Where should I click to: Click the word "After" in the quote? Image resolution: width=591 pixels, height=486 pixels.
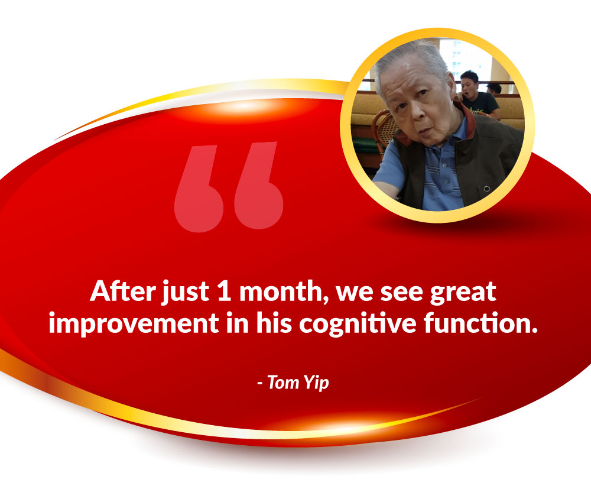pyautogui.click(x=123, y=291)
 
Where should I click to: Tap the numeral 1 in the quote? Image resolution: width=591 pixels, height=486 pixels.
pyautogui.click(x=224, y=291)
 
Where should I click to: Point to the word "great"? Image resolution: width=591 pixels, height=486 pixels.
pyautogui.click(x=463, y=293)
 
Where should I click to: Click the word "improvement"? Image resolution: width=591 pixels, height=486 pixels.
pyautogui.click(x=134, y=323)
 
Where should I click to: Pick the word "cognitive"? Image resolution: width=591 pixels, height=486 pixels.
pyautogui.click(x=358, y=323)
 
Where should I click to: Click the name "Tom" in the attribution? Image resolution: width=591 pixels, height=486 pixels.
pyautogui.click(x=283, y=383)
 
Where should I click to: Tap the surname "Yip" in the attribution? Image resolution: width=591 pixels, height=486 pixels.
pyautogui.click(x=316, y=383)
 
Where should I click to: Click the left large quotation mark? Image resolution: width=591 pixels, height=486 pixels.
pyautogui.click(x=199, y=189)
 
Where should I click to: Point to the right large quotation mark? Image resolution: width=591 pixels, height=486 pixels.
pyautogui.click(x=259, y=186)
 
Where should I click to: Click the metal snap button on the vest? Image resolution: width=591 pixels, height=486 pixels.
pyautogui.click(x=486, y=188)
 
